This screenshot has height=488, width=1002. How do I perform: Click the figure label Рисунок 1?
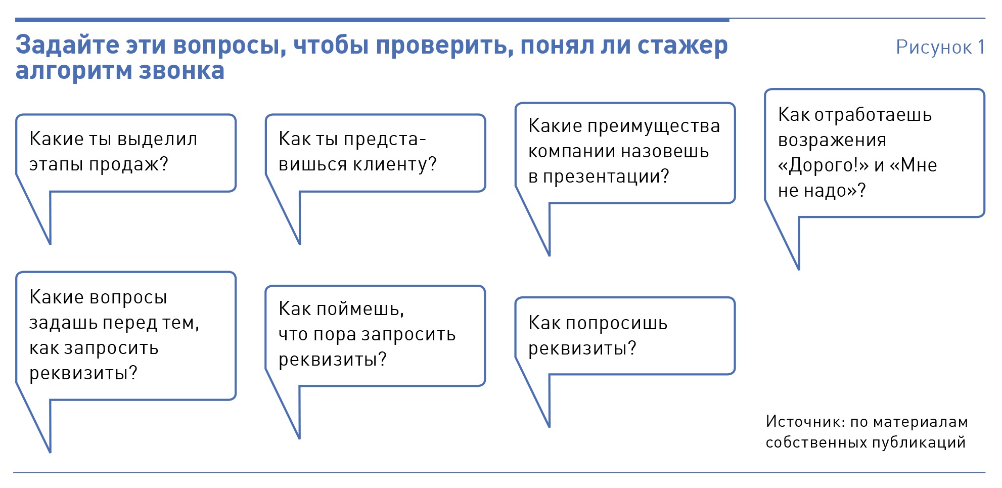940,47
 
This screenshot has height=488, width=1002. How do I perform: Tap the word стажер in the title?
682,47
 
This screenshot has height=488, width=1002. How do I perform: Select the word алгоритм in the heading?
74,71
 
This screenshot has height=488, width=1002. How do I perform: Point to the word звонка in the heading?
181,71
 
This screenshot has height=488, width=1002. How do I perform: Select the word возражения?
832,140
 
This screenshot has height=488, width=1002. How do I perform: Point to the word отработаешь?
873,115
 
